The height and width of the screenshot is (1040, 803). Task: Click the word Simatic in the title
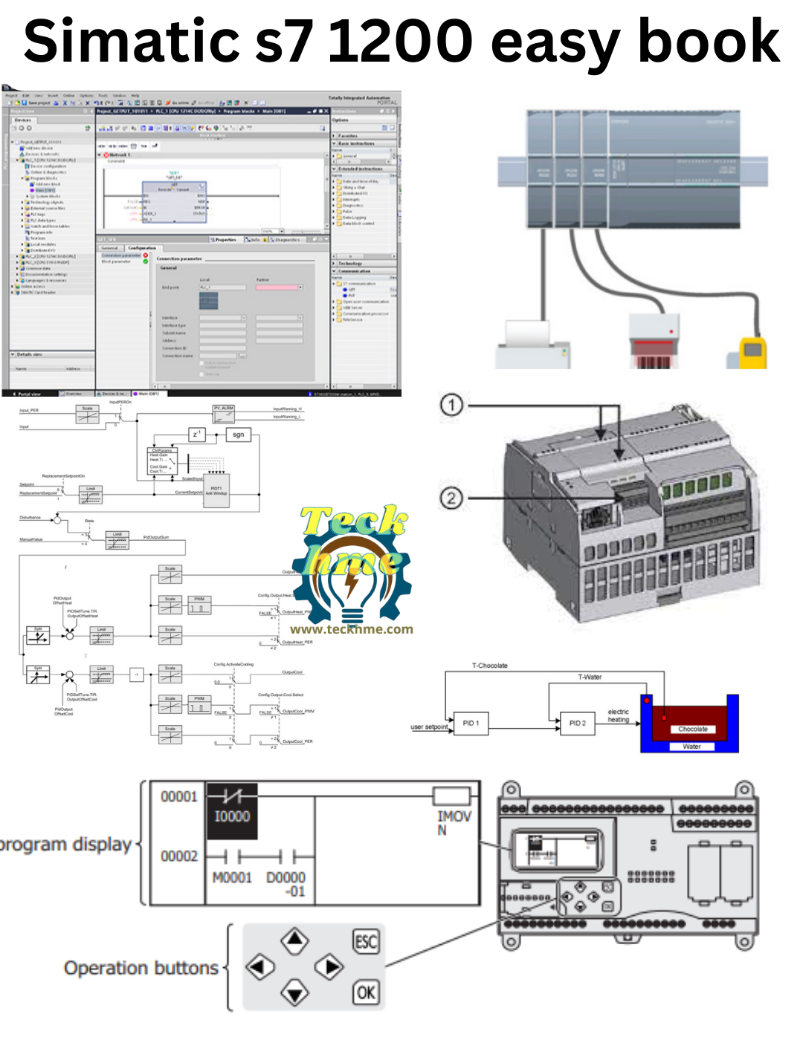tap(131, 42)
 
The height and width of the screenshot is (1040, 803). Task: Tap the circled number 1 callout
tap(451, 405)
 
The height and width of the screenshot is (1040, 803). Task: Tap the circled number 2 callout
tap(451, 498)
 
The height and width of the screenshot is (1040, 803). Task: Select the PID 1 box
tap(471, 723)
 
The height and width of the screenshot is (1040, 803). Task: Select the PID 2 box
tap(578, 723)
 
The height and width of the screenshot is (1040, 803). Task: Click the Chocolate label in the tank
tap(693, 729)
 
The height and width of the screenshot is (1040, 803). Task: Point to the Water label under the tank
tap(691, 747)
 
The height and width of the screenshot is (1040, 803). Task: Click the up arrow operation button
tap(295, 940)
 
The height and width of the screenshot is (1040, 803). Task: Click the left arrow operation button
tap(259, 967)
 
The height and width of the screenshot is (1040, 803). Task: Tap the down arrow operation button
tap(295, 992)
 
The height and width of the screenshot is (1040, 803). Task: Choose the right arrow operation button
tap(329, 967)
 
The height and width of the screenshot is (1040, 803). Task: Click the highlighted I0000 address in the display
tap(232, 816)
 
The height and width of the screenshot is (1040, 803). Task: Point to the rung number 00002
tap(179, 857)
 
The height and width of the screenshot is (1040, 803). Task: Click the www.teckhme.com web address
tap(352, 629)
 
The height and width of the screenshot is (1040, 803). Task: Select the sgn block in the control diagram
tap(238, 435)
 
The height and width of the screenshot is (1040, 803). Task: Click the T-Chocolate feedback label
tap(489, 666)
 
